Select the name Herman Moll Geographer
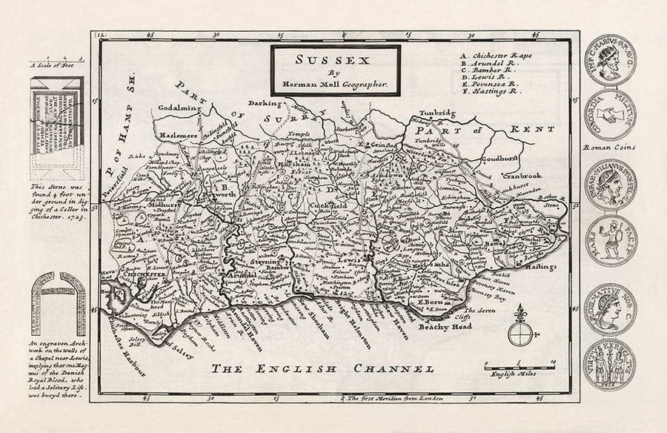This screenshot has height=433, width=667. (335, 85)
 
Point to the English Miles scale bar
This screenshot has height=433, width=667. (520, 366)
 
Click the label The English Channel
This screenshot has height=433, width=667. (322, 368)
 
